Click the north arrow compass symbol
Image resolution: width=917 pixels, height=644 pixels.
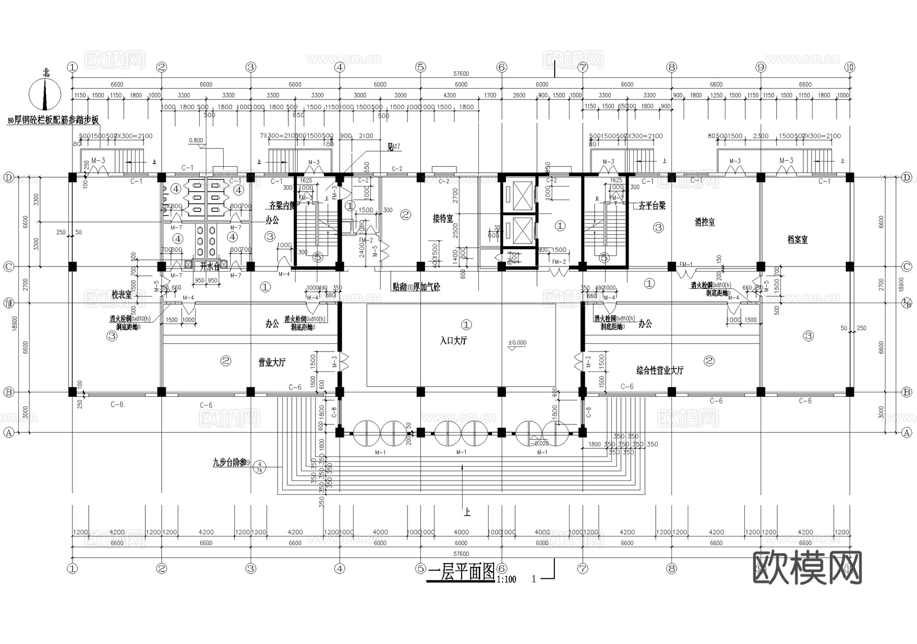pyautogui.click(x=45, y=94)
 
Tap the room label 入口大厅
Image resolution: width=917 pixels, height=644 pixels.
pyautogui.click(x=453, y=340)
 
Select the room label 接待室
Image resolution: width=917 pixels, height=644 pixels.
pyautogui.click(x=442, y=219)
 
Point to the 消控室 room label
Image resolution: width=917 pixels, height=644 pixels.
pyautogui.click(x=705, y=222)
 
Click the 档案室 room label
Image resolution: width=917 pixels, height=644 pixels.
pyautogui.click(x=797, y=240)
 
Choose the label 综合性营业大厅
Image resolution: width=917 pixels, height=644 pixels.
pyautogui.click(x=660, y=370)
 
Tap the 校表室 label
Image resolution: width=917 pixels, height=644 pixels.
pyautogui.click(x=122, y=294)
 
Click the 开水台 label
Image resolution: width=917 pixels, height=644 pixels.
pyautogui.click(x=209, y=266)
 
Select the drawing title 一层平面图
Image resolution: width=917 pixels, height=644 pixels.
pyautogui.click(x=461, y=573)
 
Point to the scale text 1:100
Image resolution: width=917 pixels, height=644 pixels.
pyautogui.click(x=506, y=579)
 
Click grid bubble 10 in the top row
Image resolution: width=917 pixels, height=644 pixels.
pyautogui.click(x=849, y=67)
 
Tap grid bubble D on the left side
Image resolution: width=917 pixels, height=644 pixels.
pyautogui.click(x=8, y=177)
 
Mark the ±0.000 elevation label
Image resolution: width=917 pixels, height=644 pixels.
pyautogui.click(x=517, y=343)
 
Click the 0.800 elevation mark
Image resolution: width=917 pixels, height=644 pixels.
pyautogui.click(x=196, y=140)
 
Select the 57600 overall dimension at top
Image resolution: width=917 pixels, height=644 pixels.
pyautogui.click(x=461, y=74)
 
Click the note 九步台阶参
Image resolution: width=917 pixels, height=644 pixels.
pyautogui.click(x=229, y=463)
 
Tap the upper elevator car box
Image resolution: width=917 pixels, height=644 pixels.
pyautogui.click(x=517, y=196)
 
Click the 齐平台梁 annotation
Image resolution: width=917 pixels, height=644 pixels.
pyautogui.click(x=652, y=206)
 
